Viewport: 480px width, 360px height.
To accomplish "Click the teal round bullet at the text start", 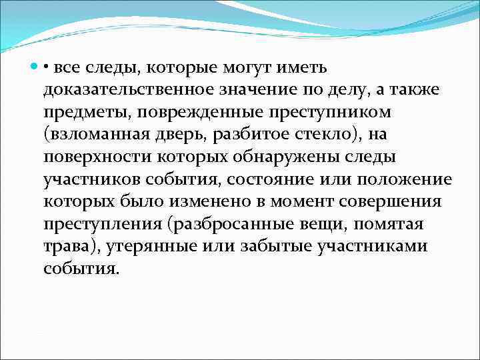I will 35,67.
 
